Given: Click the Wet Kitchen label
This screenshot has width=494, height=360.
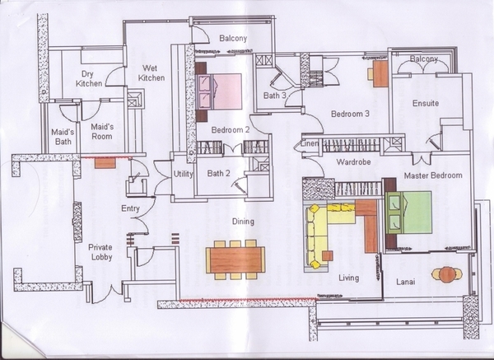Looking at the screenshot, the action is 151,72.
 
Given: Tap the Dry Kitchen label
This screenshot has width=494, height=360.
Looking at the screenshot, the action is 89,78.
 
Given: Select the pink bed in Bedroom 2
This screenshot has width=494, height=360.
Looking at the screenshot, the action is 219,91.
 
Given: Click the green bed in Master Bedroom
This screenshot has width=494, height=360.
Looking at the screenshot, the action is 408,213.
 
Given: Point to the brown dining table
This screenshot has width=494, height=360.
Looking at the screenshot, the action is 235,260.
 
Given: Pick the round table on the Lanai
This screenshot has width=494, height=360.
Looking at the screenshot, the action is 446,274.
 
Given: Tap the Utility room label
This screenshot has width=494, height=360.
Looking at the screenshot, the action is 184,174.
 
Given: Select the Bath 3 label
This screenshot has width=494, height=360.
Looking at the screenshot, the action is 275,96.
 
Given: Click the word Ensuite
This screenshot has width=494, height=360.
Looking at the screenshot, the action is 426,103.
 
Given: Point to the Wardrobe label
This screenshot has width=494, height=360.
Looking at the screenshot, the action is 353,162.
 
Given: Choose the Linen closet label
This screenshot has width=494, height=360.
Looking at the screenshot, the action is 310,143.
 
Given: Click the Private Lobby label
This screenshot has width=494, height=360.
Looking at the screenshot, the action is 100,252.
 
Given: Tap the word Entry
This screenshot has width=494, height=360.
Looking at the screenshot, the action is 130,208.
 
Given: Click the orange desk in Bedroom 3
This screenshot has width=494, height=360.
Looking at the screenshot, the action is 380,74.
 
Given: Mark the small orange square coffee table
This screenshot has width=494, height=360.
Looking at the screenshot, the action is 328,255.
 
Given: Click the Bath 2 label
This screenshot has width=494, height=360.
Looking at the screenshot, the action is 219,173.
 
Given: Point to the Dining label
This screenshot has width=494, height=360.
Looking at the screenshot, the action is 243,222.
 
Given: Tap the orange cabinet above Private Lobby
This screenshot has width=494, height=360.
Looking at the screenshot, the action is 105,163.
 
